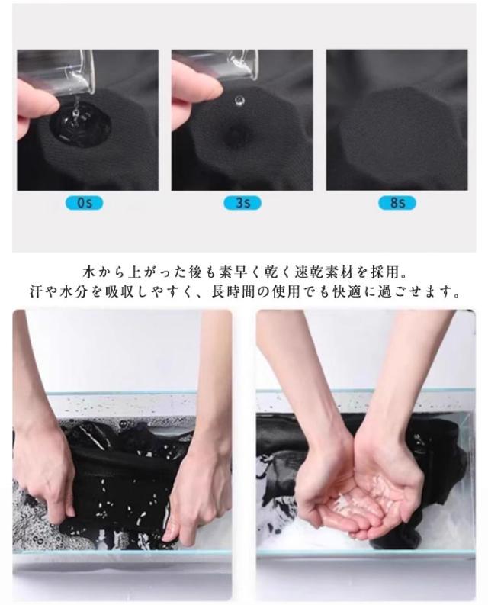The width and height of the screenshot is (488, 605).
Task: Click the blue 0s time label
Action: [x=85, y=203]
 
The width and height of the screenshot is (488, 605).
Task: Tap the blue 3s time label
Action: [x=242, y=203]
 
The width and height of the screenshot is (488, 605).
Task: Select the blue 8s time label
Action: [x=397, y=203]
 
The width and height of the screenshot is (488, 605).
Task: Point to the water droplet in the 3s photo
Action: [x=239, y=101]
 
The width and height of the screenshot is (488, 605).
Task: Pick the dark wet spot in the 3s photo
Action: [x=235, y=135]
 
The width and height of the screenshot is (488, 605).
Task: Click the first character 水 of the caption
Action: [x=89, y=272]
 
